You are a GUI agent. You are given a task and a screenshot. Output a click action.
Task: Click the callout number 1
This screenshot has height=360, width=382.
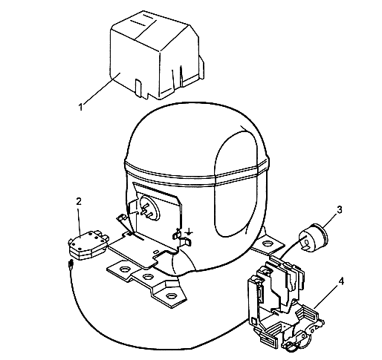pos(80,108)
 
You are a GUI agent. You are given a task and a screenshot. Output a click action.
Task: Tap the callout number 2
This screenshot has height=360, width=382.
pos(79,201)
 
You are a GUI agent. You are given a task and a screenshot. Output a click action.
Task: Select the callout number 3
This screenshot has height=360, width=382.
pos(340,209)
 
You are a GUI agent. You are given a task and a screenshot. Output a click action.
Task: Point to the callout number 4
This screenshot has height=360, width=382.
pos(341,281)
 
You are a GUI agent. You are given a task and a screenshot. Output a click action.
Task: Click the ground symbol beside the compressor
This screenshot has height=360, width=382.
pos(189,232)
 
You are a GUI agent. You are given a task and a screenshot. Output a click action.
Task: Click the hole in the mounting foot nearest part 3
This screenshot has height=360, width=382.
pos(267,244)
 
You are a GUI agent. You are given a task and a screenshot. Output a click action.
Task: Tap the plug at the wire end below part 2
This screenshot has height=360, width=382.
pos(71,265)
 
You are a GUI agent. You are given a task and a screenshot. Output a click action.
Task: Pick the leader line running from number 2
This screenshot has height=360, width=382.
pos(80,222)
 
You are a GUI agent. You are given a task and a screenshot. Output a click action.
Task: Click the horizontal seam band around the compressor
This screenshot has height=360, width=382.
pos(197,173)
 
